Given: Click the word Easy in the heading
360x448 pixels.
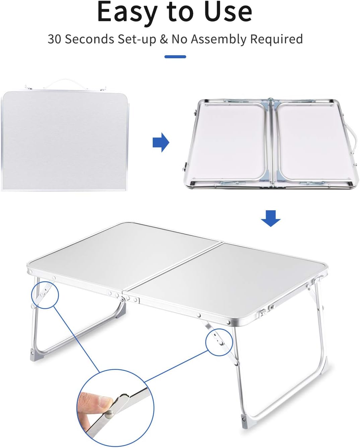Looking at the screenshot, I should coord(127,12).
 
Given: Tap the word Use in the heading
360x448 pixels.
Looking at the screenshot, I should coord(228,12).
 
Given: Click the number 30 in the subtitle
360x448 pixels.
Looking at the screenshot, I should coord(54,39).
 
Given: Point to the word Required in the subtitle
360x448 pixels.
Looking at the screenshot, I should coord(276,39).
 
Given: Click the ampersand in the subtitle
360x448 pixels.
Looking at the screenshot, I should coord(164,39).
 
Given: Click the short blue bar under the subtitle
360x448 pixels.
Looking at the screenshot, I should coord(175,57).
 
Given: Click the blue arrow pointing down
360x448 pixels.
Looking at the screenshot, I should coord(271,218).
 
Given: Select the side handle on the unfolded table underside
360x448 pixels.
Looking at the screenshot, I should coord(352,137).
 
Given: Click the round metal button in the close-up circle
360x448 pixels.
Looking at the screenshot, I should coord(109,415).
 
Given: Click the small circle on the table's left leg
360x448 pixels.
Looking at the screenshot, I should coord(45,295).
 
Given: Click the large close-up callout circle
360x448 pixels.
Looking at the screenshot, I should coord(116,408).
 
